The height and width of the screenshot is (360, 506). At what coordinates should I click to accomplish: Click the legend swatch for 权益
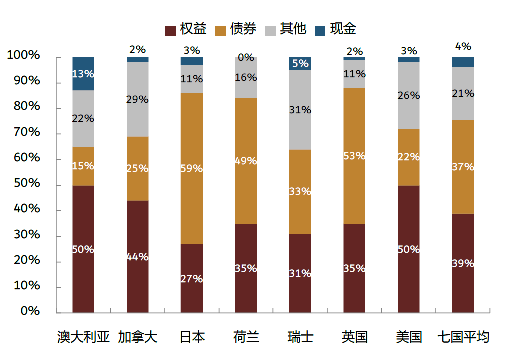(x=170, y=31)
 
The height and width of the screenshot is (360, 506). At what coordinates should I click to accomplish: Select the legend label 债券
(x=243, y=29)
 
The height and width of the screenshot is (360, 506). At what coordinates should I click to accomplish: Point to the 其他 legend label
(x=293, y=29)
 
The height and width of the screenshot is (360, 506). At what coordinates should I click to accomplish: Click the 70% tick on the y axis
(x=23, y=133)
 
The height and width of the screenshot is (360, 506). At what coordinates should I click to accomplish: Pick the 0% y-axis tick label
(x=30, y=311)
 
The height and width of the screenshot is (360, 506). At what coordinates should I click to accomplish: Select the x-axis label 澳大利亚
(x=83, y=337)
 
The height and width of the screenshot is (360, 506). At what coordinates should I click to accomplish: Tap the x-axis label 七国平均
(x=463, y=337)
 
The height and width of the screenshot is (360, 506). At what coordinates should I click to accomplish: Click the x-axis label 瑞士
(x=300, y=337)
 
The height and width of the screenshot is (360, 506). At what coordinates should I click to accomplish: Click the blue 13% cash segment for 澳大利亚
(x=83, y=74)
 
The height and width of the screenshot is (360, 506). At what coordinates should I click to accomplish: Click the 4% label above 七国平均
(x=463, y=46)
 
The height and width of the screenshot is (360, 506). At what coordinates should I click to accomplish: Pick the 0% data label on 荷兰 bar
(x=246, y=58)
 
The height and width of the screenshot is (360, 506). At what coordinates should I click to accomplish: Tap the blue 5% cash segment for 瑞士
(x=300, y=64)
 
